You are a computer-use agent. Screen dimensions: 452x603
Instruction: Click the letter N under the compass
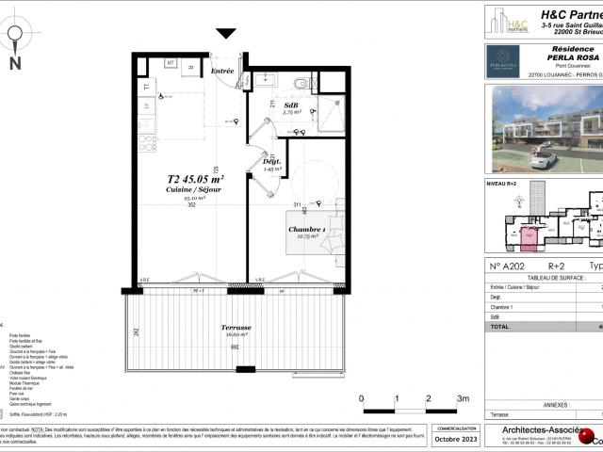15,64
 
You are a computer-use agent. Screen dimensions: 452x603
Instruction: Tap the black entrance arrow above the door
226,34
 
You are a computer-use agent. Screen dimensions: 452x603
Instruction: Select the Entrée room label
222,71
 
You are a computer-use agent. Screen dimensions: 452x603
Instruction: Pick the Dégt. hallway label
272,161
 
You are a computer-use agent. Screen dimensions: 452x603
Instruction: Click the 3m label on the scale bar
463,399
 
